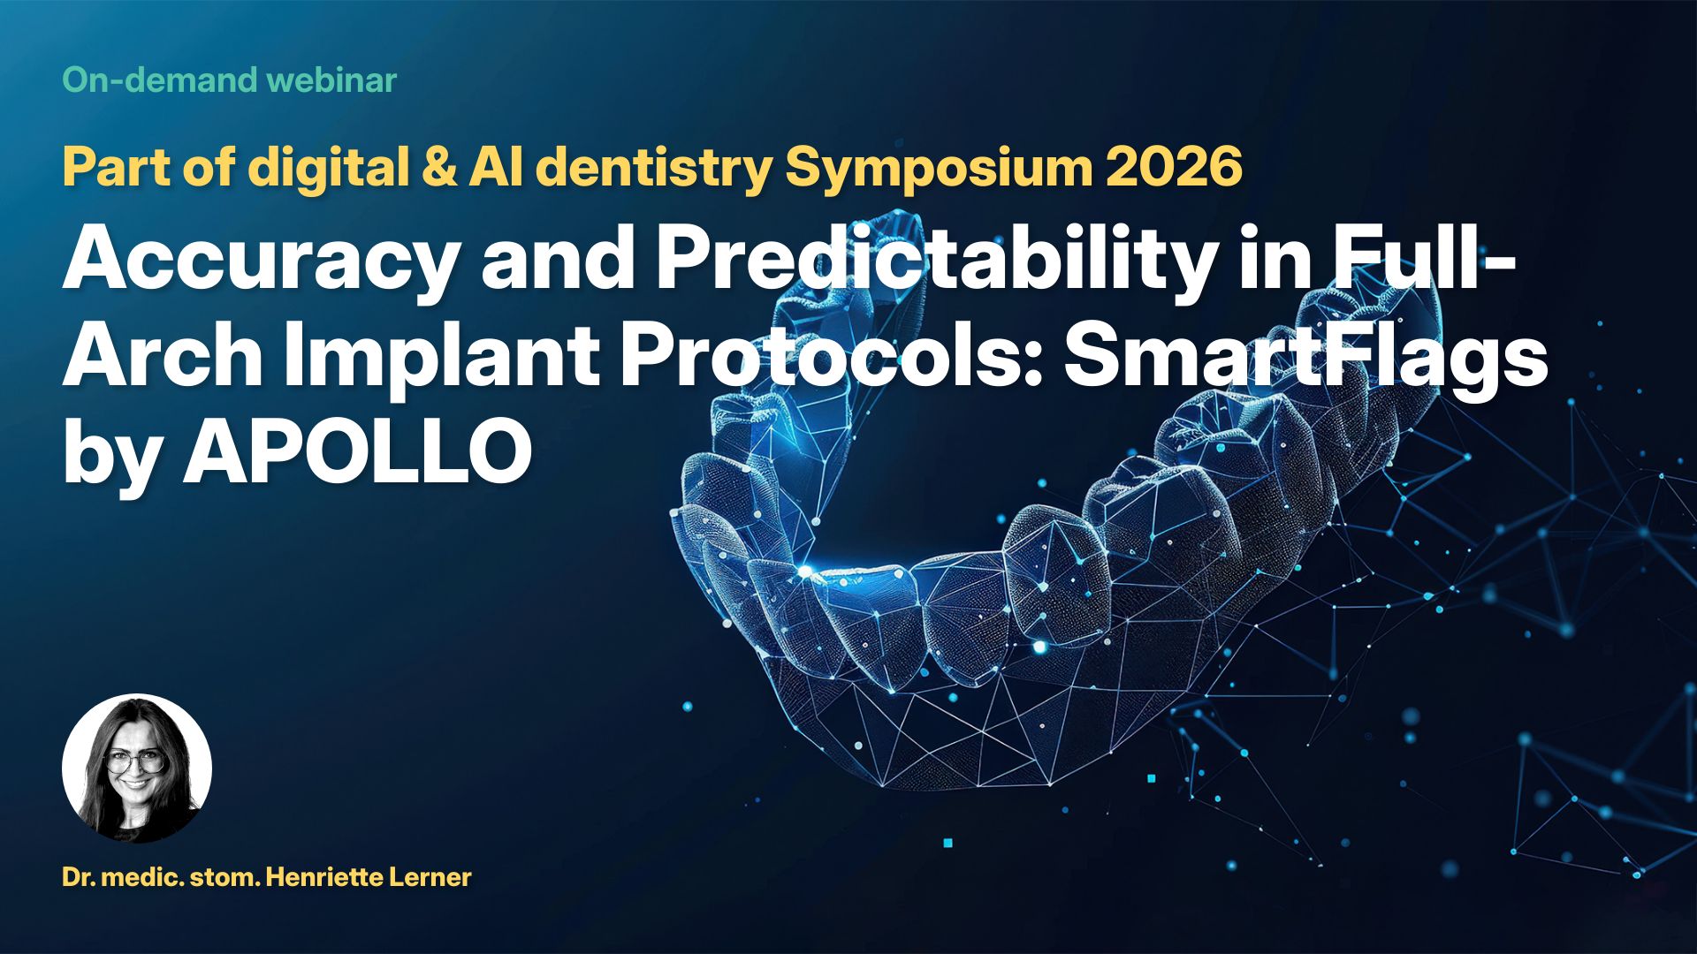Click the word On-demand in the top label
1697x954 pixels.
point(160,80)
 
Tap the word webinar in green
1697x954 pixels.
point(331,80)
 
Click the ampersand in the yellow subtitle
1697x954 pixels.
point(439,166)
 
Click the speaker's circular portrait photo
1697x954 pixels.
point(137,768)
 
